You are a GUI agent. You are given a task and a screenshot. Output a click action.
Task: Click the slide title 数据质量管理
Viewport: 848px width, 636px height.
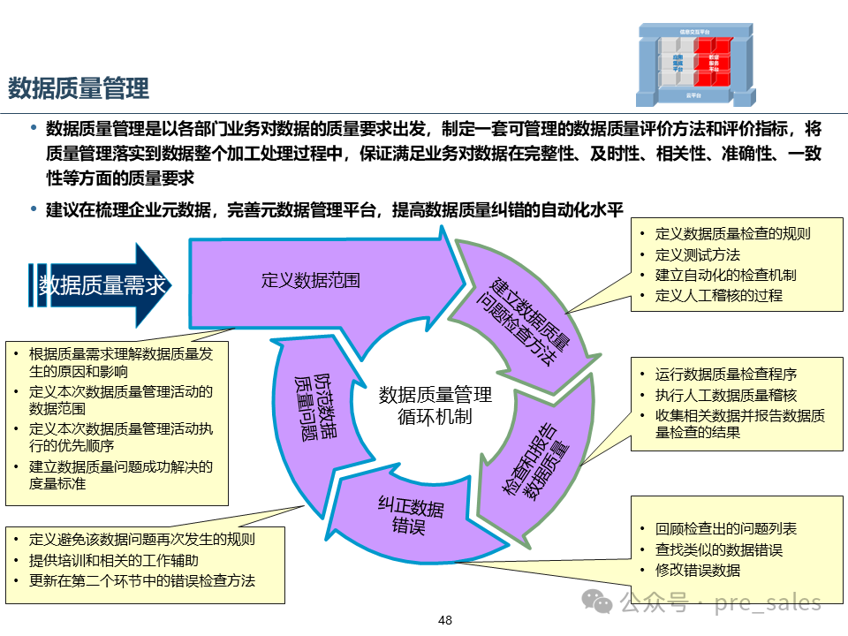tap(79, 88)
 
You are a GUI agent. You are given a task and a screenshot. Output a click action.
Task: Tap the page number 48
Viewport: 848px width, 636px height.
tap(445, 620)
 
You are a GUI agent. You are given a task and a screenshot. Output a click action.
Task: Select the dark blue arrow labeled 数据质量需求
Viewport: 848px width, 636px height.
tap(102, 285)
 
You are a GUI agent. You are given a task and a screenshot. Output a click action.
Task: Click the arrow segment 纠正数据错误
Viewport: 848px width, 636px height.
tap(411, 517)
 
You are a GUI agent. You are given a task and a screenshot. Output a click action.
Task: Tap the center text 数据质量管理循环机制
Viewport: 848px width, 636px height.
tap(435, 405)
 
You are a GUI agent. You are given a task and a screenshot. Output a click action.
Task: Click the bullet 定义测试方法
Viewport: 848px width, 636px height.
tap(697, 255)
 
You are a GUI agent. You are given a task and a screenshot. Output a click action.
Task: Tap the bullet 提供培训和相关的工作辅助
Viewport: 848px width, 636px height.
tap(113, 560)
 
